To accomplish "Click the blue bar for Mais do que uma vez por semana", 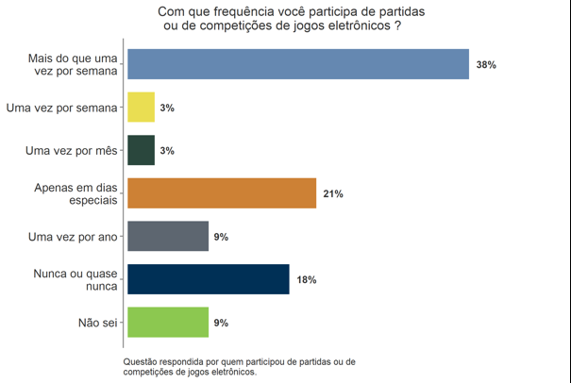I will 298,64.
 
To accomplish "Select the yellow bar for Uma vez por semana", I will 141,108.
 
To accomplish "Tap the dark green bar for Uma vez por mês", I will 141,151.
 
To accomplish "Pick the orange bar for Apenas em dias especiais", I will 221,193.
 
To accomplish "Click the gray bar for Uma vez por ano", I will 167,237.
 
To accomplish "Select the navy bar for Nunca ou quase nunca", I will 208,279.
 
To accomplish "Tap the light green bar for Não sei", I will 167,323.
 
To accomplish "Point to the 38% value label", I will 487,65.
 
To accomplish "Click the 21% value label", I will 332,194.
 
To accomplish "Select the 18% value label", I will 306,280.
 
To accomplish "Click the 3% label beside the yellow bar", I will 167,108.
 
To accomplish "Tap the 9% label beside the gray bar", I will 221,237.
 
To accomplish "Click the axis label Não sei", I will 97,323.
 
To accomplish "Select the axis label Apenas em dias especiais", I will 80,193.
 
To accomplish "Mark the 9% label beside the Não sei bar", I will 221,323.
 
